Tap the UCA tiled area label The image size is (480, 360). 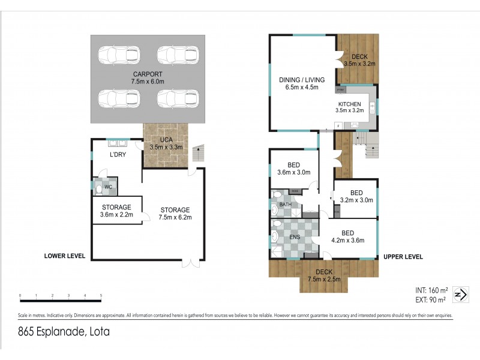click(x=165, y=143)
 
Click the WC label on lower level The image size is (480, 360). click(x=108, y=187)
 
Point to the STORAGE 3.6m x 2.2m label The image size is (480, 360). click(x=116, y=211)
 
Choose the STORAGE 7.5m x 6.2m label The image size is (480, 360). click(x=176, y=214)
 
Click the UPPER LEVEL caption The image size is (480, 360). click(x=403, y=257)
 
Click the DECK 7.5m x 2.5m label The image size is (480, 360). click(x=323, y=275)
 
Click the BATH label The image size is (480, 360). click(x=285, y=205)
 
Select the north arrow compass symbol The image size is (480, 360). click(x=460, y=295)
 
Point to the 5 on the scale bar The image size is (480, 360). click(x=101, y=296)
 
